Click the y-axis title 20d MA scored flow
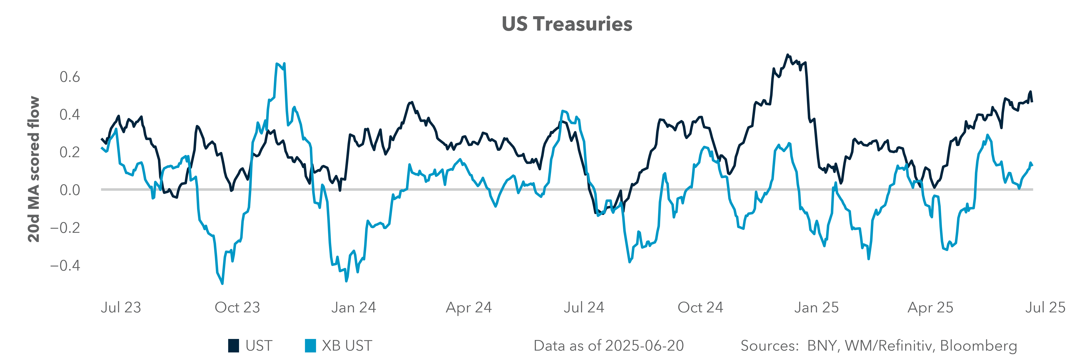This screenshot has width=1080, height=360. tap(34, 169)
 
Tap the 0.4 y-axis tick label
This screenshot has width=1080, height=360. tap(70, 114)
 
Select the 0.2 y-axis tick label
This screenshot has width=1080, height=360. tap(70, 152)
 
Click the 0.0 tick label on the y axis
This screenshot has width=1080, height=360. tap(70, 190)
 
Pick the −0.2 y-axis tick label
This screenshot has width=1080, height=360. tap(65, 228)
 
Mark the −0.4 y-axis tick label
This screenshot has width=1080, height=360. tap(65, 265)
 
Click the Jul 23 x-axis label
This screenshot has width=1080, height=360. tap(121, 308)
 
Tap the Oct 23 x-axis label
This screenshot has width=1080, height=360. tap(237, 308)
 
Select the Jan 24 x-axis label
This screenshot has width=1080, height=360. tap(353, 308)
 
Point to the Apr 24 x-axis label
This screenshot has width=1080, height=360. tap(469, 308)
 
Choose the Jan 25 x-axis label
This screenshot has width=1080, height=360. tap(816, 308)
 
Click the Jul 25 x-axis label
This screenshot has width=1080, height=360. tap(1045, 308)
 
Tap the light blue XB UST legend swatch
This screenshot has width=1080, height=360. tap(310, 346)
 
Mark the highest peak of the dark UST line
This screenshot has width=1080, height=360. tap(787, 55)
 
